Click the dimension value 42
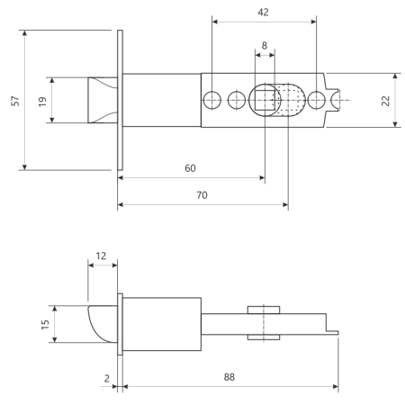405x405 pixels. tap(263, 13)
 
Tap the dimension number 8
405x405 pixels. tap(265, 46)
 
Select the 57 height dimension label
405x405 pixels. tap(15, 101)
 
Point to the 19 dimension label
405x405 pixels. tap(42, 102)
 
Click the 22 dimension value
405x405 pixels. tap(385, 101)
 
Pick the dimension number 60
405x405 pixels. tap(190, 168)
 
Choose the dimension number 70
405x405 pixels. tap(202, 195)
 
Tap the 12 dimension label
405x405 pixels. tap(101, 256)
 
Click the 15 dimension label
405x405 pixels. tap(45, 325)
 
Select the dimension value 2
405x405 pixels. tap(107, 379)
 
